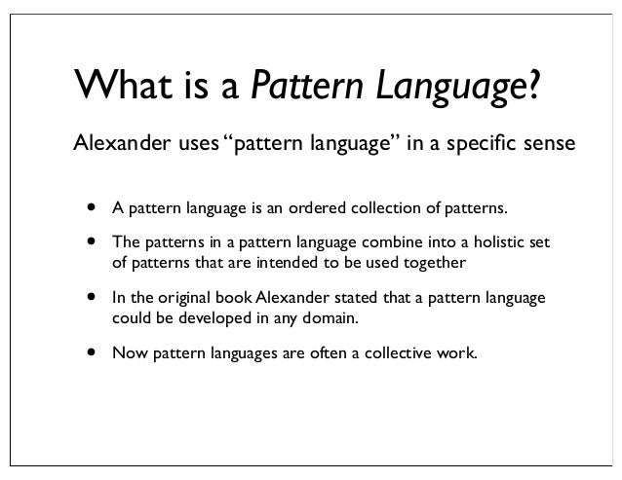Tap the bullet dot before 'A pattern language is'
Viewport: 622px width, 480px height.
tap(92, 206)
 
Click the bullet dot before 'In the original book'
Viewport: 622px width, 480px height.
tap(92, 294)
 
